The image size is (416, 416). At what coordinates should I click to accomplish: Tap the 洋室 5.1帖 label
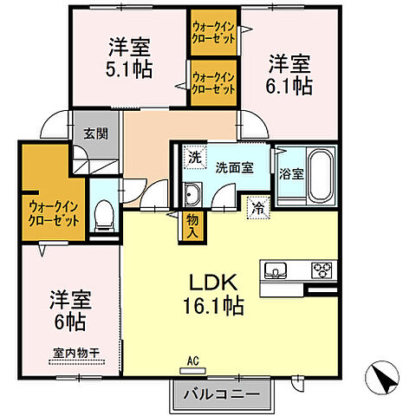coord(129,56)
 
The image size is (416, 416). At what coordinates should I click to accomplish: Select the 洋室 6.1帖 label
coord(289,74)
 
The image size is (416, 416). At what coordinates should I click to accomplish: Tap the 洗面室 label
coord(234,167)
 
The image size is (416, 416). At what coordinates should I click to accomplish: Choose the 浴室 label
coord(290,172)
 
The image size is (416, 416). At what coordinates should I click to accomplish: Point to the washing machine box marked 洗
coord(194,159)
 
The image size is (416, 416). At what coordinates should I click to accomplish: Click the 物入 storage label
coord(192,226)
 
